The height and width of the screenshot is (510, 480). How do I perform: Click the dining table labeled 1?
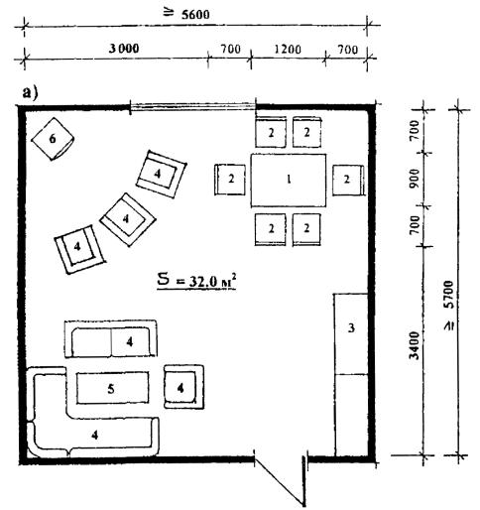click(x=289, y=181)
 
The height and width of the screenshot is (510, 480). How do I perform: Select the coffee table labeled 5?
click(x=112, y=388)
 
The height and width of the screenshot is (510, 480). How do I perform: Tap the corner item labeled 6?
click(x=53, y=139)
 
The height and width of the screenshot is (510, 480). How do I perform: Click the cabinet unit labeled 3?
click(x=351, y=375)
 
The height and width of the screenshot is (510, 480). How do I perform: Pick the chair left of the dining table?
click(x=230, y=180)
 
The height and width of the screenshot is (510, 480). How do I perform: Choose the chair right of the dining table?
click(x=348, y=180)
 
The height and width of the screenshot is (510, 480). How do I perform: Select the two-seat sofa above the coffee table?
click(x=111, y=338)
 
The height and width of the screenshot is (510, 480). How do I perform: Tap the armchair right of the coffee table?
click(x=183, y=387)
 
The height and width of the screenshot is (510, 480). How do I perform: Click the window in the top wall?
click(x=192, y=106)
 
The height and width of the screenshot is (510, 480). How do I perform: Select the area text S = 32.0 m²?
click(x=196, y=281)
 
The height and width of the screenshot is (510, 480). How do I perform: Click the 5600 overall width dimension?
click(x=195, y=15)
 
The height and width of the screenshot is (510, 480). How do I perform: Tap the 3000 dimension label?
click(x=124, y=49)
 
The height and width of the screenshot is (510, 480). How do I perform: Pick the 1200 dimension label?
click(x=288, y=50)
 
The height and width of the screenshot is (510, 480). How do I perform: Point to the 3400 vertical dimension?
click(x=415, y=345)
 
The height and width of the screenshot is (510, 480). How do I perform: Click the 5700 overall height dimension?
click(x=449, y=305)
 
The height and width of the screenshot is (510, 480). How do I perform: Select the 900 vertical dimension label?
click(x=415, y=178)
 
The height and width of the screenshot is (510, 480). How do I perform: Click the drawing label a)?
click(x=30, y=93)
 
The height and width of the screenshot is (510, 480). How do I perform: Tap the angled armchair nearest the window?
click(x=161, y=174)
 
